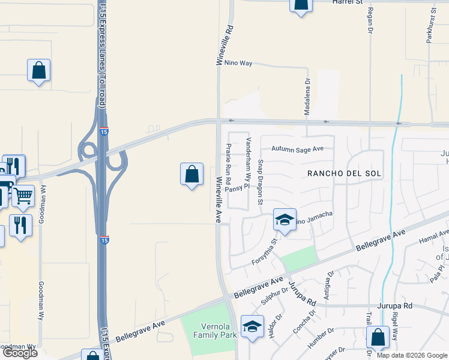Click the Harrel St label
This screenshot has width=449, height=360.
tap(349, 2)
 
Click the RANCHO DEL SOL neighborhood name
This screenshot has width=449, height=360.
tap(345, 173)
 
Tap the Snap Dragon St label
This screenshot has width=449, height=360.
tap(261, 182)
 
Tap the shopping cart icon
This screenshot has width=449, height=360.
tap(23, 196)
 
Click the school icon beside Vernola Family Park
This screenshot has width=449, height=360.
tap(253, 326)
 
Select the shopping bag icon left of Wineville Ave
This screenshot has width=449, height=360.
tap(191, 175)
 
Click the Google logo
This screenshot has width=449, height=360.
tap(20, 353)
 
